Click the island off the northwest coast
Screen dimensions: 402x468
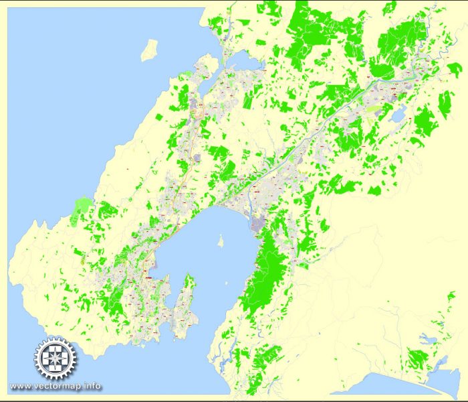coord(149,49)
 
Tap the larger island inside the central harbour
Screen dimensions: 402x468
coord(221,241)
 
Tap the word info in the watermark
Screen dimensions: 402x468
coord(94,386)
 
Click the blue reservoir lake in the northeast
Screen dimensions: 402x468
coord(397,116)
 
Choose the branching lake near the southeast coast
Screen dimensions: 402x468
coord(428,338)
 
